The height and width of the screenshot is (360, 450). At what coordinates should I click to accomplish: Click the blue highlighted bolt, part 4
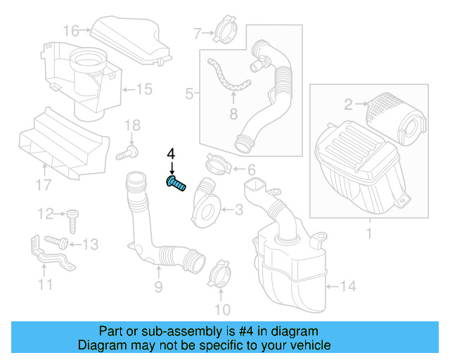[x=176, y=184]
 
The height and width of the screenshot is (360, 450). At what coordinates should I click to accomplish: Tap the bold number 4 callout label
[x=171, y=154]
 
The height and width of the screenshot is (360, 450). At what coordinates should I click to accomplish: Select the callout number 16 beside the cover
[x=71, y=30]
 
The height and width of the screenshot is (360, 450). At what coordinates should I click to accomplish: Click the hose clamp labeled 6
[x=219, y=166]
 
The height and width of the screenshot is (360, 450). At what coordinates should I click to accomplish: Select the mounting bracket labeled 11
[x=49, y=257]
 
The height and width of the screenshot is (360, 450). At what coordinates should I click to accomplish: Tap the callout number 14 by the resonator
[x=349, y=286]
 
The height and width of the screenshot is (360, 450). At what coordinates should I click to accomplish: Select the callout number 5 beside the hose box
[x=189, y=93]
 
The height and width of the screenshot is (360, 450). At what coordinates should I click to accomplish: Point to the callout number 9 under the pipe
[x=158, y=286]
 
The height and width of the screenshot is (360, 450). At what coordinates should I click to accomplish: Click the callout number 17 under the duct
[x=44, y=185]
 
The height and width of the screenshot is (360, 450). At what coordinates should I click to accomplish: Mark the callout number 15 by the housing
[x=143, y=89]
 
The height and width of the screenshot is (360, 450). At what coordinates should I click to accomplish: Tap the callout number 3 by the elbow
[x=238, y=209]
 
